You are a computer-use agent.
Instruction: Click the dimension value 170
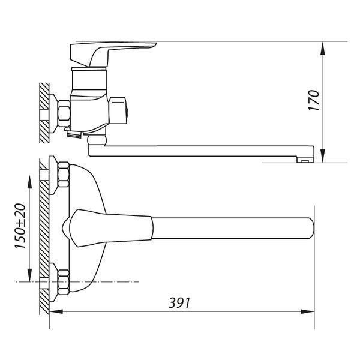(x=314, y=101)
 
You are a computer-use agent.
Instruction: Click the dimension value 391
(x=179, y=303)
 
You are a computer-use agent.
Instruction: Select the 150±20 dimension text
(x=20, y=226)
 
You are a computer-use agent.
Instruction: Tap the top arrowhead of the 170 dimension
(x=323, y=49)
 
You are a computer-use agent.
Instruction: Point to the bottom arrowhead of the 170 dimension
(x=323, y=156)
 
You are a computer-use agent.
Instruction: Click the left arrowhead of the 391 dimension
(x=56, y=311)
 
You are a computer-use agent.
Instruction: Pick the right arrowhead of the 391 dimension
(x=307, y=311)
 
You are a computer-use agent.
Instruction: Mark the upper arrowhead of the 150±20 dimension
(x=29, y=182)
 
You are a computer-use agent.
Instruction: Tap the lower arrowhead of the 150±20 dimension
(x=29, y=275)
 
